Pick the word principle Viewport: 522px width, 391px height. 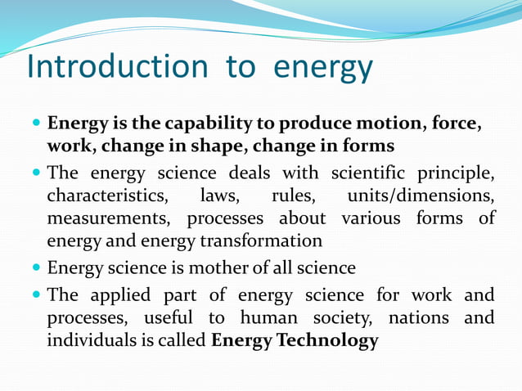[x=457, y=174]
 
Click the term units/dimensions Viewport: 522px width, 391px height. [x=421, y=196]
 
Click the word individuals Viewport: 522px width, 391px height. [x=94, y=340]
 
